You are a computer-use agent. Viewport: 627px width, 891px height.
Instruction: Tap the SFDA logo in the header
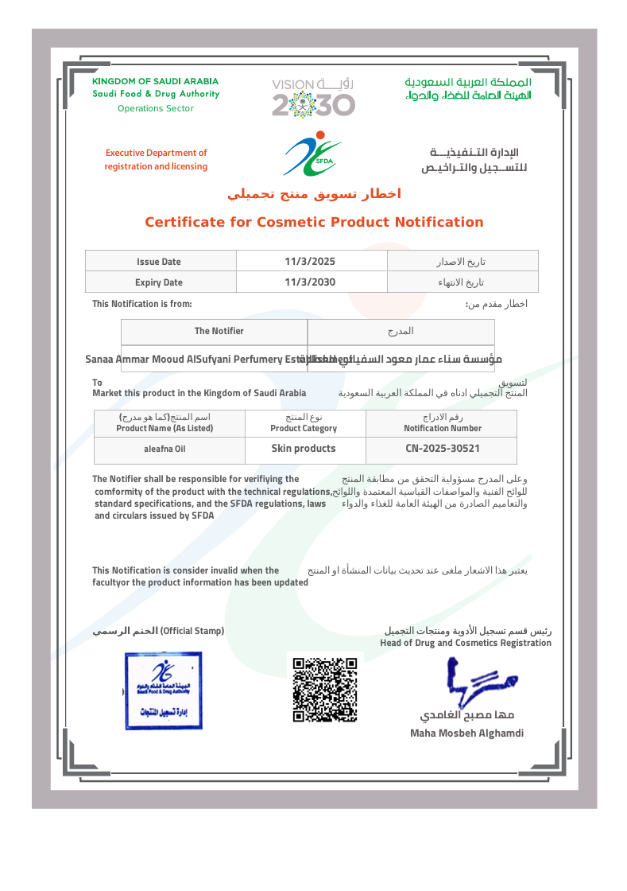(x=313, y=155)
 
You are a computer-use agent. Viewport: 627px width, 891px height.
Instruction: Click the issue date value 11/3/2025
(x=310, y=261)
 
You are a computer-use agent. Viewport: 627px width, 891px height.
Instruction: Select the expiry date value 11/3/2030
(x=310, y=282)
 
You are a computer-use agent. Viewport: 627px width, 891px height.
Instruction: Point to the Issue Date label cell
(x=159, y=261)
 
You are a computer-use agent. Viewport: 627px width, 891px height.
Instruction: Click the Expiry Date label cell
(x=159, y=282)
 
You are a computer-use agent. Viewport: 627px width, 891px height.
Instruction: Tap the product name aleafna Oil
(x=165, y=449)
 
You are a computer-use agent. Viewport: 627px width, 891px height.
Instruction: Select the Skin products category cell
(x=304, y=449)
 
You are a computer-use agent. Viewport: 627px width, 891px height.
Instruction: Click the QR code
(x=324, y=689)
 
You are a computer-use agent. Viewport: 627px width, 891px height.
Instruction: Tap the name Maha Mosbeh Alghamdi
(x=466, y=733)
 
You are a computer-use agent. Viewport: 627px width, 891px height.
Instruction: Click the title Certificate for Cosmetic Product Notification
(x=314, y=222)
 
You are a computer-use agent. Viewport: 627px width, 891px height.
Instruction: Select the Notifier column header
(x=219, y=331)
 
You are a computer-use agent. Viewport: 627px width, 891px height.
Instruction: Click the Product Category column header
(x=304, y=428)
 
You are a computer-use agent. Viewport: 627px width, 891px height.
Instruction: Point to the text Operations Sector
(x=156, y=108)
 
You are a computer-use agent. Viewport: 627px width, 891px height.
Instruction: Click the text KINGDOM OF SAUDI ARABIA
(x=155, y=81)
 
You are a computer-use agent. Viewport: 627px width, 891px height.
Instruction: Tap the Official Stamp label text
(x=192, y=631)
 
